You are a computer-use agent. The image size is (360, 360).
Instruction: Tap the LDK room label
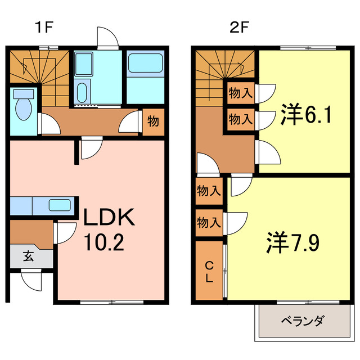[x=110, y=217]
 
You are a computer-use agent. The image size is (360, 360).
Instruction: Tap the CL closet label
[x=209, y=271]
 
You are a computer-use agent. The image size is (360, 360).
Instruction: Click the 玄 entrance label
[x=28, y=256]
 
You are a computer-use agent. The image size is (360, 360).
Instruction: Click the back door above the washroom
[x=107, y=38]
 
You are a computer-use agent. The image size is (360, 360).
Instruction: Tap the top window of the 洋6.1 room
[x=292, y=48]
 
